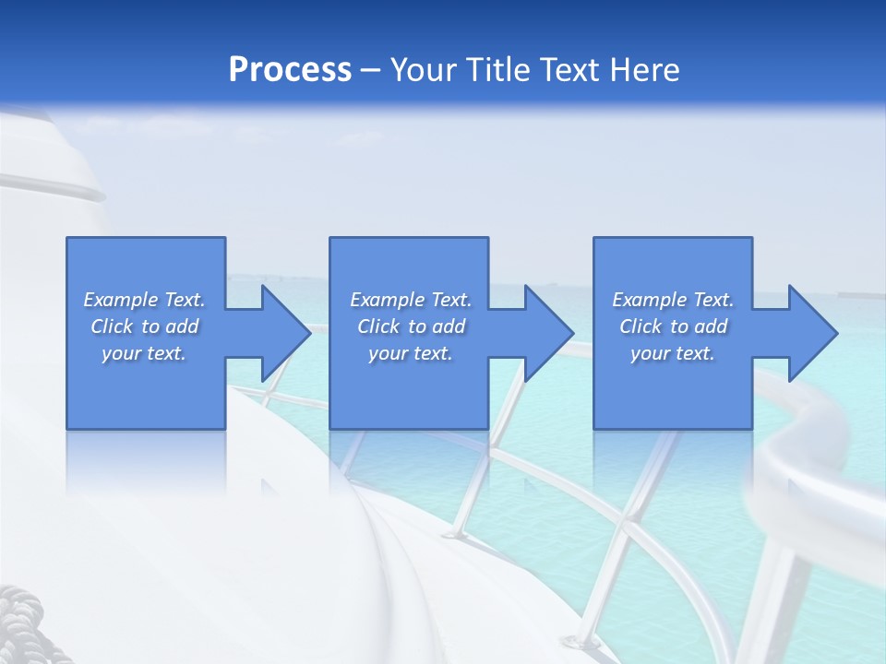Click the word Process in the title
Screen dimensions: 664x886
pyautogui.click(x=290, y=70)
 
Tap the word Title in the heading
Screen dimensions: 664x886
pyautogui.click(x=499, y=70)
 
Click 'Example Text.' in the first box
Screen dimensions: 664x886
pyautogui.click(x=144, y=300)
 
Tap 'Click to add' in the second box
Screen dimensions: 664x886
pyautogui.click(x=411, y=326)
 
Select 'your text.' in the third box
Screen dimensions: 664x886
pyautogui.click(x=672, y=353)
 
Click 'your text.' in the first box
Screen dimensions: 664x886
pyautogui.click(x=144, y=353)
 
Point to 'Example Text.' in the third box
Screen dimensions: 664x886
pyautogui.click(x=672, y=300)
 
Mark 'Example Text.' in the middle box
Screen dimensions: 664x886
pyautogui.click(x=411, y=300)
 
